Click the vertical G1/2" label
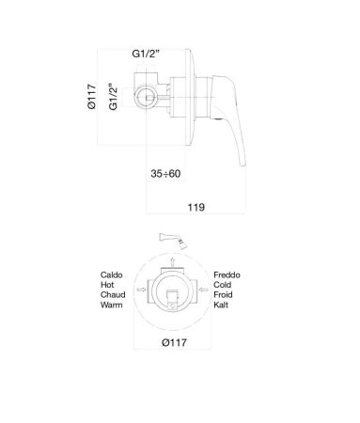point(113,98)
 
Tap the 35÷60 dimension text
point(167,174)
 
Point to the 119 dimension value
point(196,206)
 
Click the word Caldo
point(112,274)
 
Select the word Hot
point(107,285)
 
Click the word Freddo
point(227,274)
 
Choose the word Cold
point(223,285)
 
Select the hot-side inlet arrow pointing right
point(142,290)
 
